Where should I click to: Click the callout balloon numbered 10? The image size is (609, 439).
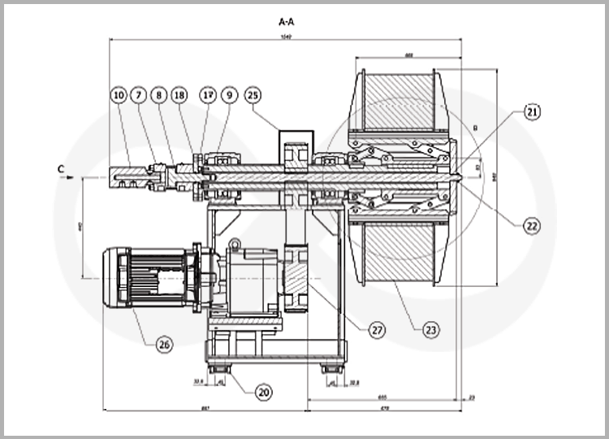pyautogui.click(x=119, y=95)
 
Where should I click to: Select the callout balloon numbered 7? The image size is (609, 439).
pyautogui.click(x=139, y=95)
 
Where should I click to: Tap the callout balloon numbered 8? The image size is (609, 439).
pyautogui.click(x=159, y=95)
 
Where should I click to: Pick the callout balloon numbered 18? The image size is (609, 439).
pyautogui.click(x=179, y=95)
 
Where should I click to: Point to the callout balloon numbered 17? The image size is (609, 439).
pyautogui.click(x=208, y=95)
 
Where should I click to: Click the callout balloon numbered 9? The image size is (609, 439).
pyautogui.click(x=231, y=95)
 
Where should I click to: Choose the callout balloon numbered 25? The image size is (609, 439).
pyautogui.click(x=253, y=95)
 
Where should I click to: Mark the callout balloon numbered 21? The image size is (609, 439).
pyautogui.click(x=532, y=111)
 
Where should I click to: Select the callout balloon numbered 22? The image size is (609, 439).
pyautogui.click(x=532, y=226)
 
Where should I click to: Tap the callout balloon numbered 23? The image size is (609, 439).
pyautogui.click(x=431, y=330)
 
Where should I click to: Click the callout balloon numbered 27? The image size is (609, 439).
pyautogui.click(x=376, y=330)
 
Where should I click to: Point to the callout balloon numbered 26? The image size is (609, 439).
pyautogui.click(x=165, y=345)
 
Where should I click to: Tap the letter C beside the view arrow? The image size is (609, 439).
pyautogui.click(x=60, y=169)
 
